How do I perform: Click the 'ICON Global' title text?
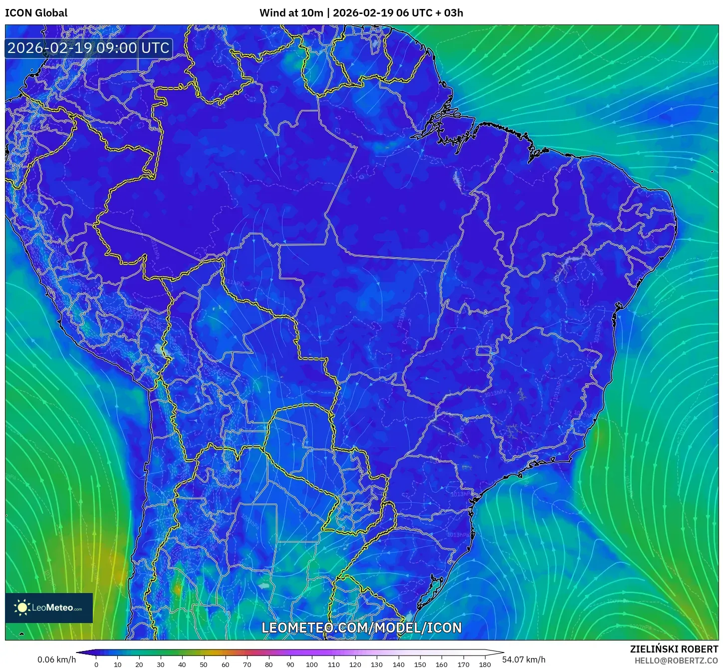(36, 13)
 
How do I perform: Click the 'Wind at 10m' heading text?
(291, 13)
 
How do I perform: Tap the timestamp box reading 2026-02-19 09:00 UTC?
(88, 48)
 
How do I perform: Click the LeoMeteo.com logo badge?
(49, 608)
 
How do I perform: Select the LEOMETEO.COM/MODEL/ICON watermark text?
(362, 628)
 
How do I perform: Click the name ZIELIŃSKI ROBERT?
(674, 649)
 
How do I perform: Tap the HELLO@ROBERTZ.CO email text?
(676, 661)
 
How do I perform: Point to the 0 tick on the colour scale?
(96, 664)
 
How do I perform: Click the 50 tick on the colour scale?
(204, 664)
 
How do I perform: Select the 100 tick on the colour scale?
(312, 664)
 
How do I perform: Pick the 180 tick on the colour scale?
(485, 664)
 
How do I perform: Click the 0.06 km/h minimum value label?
(56, 660)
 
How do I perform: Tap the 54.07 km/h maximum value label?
(523, 660)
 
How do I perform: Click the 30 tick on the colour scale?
(161, 664)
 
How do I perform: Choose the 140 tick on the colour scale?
(398, 664)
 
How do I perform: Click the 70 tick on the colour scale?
(247, 664)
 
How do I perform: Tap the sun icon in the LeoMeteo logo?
(22, 608)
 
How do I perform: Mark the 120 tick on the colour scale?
(355, 664)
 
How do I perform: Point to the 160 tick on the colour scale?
(442, 664)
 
